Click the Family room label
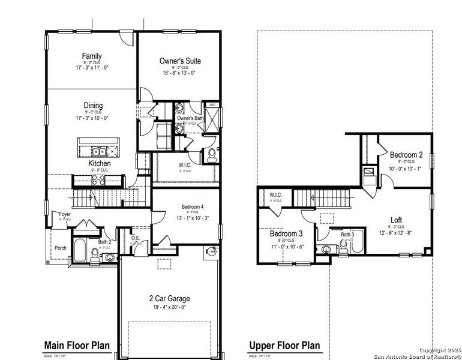pos(92,56)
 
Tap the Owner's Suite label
pos(180,61)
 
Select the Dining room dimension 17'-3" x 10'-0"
pos(93,118)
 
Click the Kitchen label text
pos(99,163)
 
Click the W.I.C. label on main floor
pos(185,165)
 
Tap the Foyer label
pos(64,214)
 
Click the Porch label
pos(61,247)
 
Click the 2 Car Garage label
pos(169,298)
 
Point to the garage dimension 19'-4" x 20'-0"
pos(169,307)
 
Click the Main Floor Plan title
pos(77,345)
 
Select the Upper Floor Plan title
pos(284,346)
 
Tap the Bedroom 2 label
pos(406,154)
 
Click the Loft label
pos(396,220)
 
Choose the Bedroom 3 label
pos(285,233)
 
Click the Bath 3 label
pos(347,235)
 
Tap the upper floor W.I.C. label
pos(276,195)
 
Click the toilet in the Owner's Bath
pos(210,155)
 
